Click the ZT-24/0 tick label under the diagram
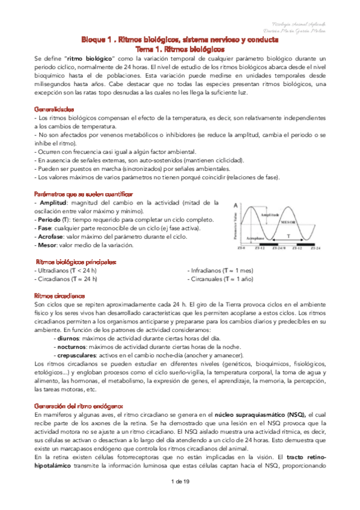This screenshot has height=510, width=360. tap(279, 248)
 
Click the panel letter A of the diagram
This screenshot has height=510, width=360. tap(236, 204)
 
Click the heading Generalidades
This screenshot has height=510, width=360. tap(54, 109)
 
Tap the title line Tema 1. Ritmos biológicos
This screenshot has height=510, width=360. tap(180, 48)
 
